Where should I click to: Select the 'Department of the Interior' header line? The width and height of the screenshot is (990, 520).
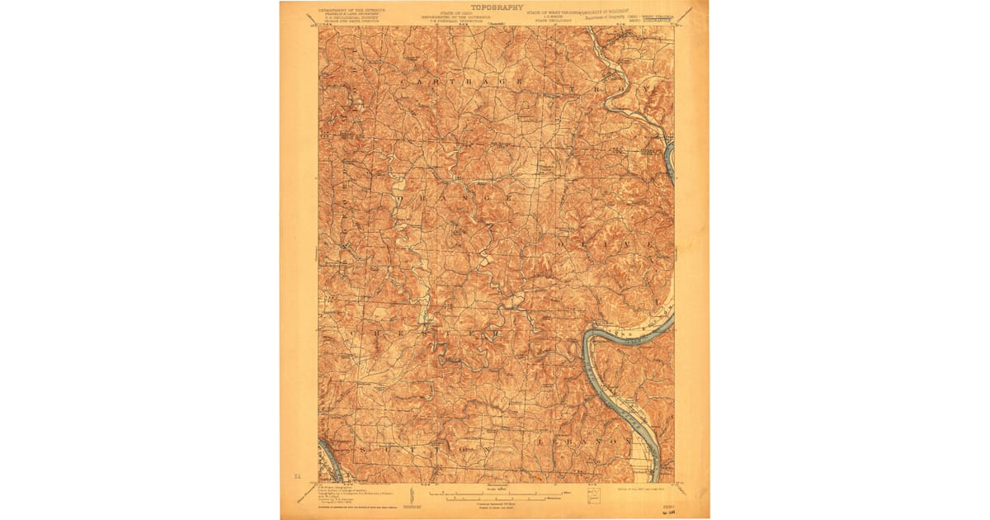point(347,11)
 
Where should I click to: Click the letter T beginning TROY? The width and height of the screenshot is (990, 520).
point(573,87)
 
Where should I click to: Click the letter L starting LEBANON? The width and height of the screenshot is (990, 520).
point(540,442)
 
